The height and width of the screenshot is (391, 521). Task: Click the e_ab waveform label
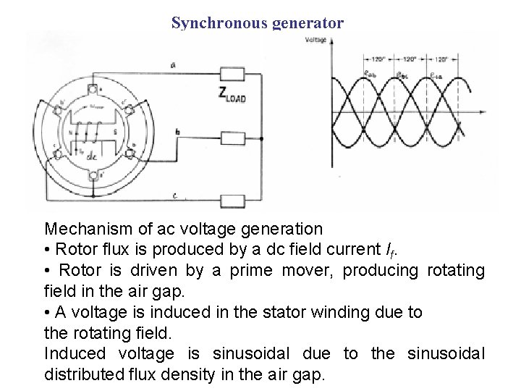(371, 73)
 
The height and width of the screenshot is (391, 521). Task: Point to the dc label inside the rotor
(92, 156)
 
